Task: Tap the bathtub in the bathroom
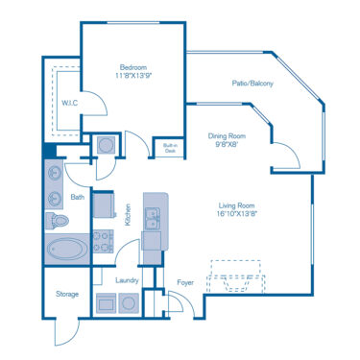pyautogui.click(x=66, y=251)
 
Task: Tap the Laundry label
pyautogui.click(x=127, y=281)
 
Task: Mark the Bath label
pyautogui.click(x=78, y=198)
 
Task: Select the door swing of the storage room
pyautogui.click(x=63, y=333)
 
